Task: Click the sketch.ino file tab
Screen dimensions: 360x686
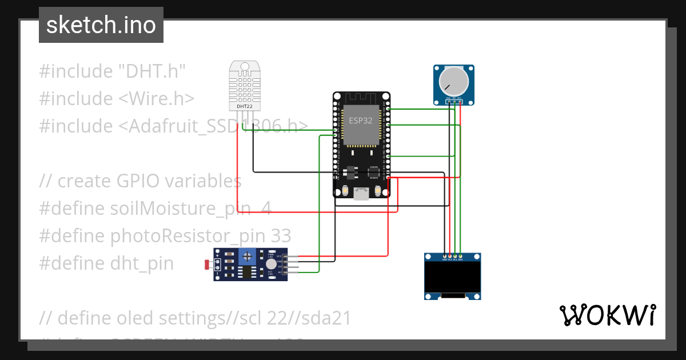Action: tap(101, 25)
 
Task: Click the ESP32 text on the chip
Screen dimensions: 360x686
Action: tap(361, 121)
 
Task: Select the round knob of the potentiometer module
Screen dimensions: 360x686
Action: tap(453, 81)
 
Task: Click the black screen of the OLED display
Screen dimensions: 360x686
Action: tap(452, 278)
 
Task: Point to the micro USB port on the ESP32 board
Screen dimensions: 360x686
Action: tap(361, 194)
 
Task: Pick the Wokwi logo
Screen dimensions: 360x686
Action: tap(607, 315)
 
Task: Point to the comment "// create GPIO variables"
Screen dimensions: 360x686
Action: tap(140, 181)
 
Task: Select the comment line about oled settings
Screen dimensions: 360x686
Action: tap(195, 318)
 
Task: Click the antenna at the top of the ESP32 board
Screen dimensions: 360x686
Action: tap(361, 98)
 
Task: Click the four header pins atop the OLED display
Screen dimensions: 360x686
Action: tap(452, 255)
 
